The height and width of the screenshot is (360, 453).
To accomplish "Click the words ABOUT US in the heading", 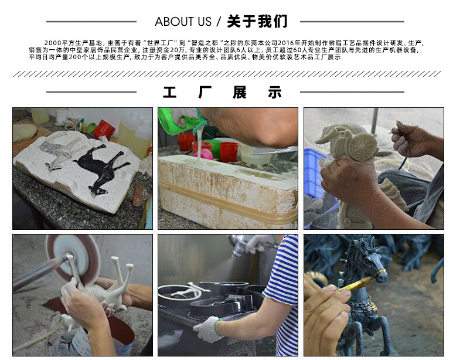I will pos(183,22).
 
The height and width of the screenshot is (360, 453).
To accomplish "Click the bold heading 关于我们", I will pos(257,22).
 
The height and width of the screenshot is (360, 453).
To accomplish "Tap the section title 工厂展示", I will pos(222,93).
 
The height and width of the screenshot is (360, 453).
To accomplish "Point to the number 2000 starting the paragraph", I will pos(52,43).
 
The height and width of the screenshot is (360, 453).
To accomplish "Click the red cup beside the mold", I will pos(104,128).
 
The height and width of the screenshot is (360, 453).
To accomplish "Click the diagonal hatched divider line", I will pos(226,74).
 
